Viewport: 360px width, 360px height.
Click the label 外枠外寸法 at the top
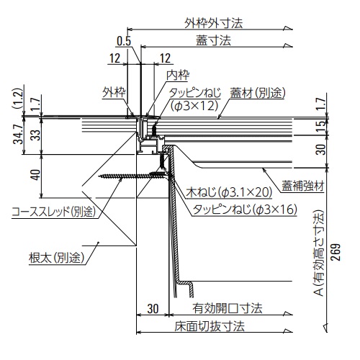tap(214, 22)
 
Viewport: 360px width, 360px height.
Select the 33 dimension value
tap(33, 134)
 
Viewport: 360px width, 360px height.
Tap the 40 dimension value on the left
tap(34, 174)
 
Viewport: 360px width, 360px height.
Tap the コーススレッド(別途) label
tap(53, 211)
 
